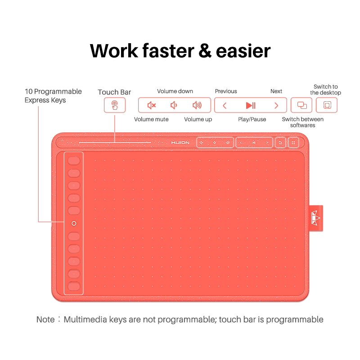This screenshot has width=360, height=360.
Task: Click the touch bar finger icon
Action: [115, 105]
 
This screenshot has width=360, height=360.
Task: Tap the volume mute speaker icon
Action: [152, 105]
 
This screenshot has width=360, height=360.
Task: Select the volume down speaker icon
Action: [174, 105]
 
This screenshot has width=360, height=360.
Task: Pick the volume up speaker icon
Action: [197, 105]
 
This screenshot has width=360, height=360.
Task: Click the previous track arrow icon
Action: [225, 106]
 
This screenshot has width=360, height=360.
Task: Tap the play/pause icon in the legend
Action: [251, 106]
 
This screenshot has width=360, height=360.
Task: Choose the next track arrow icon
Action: [276, 106]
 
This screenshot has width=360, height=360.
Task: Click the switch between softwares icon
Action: [302, 105]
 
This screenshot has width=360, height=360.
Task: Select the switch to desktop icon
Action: [327, 105]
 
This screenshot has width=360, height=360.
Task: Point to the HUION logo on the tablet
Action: [180, 143]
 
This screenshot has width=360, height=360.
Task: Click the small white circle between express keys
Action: [74, 223]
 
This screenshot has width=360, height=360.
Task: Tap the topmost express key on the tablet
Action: [74, 161]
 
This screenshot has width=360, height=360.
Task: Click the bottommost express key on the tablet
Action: [74, 286]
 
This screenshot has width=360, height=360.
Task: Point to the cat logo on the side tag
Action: [315, 218]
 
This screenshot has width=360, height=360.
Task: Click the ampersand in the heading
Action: [205, 51]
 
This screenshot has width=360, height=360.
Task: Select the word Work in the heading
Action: [114, 51]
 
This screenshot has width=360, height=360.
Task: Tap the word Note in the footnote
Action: [45, 319]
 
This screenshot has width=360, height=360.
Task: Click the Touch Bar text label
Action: [114, 92]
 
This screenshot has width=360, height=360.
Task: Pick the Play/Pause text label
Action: [252, 119]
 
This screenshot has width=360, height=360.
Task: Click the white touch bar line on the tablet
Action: [115, 143]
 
